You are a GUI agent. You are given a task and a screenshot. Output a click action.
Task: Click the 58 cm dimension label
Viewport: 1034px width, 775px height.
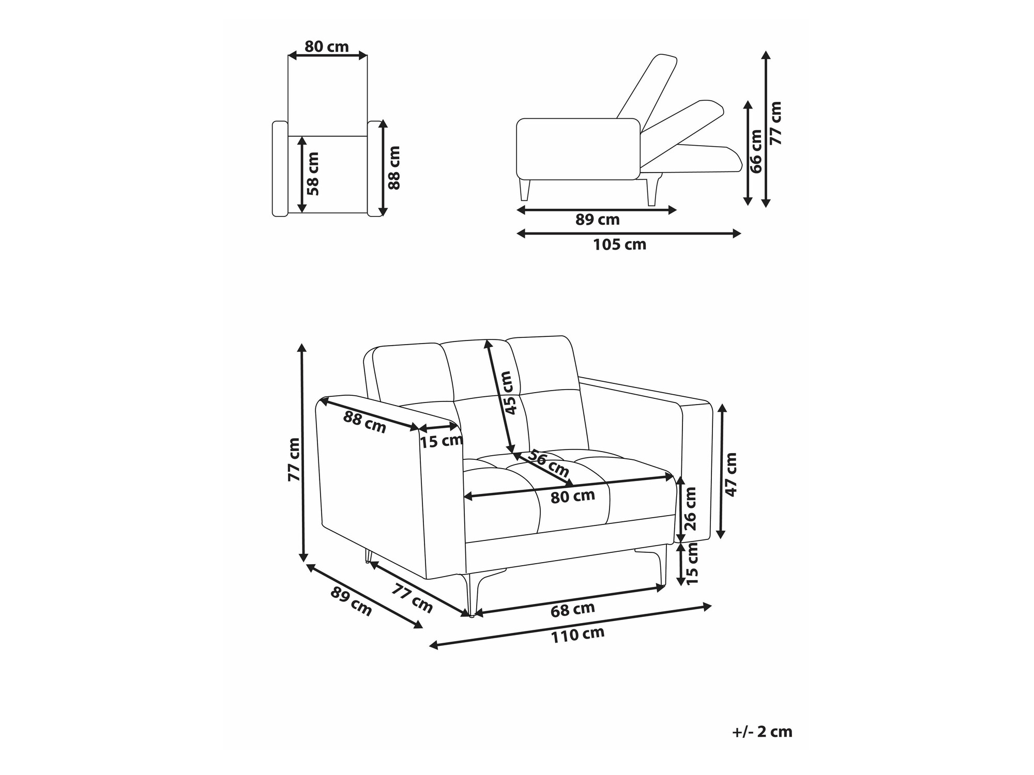pyautogui.click(x=313, y=174)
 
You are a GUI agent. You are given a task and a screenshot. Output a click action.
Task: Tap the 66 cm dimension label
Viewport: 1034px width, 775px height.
pyautogui.click(x=755, y=151)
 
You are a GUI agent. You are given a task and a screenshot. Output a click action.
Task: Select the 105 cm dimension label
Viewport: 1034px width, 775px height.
pyautogui.click(x=619, y=244)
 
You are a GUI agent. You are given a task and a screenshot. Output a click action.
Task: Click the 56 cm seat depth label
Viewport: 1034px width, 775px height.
pyautogui.click(x=548, y=463)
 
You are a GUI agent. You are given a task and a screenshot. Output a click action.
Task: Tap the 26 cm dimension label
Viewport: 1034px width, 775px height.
pyautogui.click(x=690, y=508)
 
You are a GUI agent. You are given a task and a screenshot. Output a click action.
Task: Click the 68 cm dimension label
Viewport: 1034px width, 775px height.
pyautogui.click(x=572, y=610)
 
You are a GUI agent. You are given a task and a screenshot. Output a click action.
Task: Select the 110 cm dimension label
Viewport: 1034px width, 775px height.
pyautogui.click(x=577, y=635)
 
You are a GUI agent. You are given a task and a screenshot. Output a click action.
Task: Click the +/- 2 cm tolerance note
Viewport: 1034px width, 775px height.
pyautogui.click(x=762, y=732)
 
